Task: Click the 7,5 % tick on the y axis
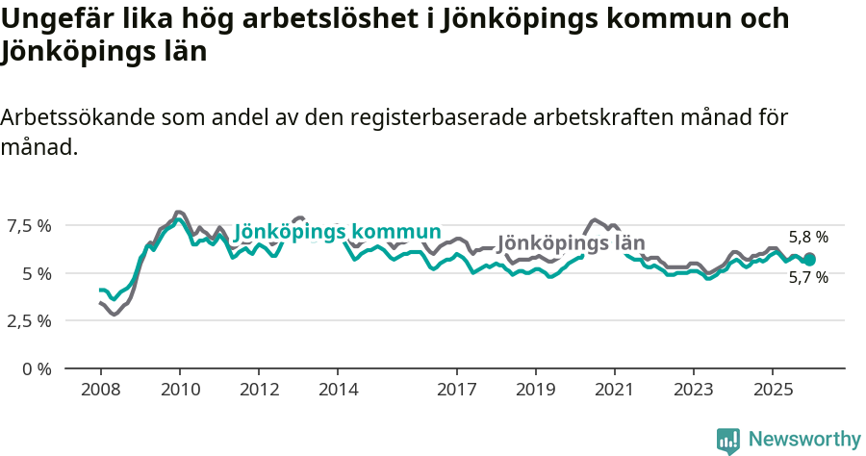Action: click(30, 226)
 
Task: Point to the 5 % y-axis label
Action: click(38, 273)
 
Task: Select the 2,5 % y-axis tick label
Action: click(30, 320)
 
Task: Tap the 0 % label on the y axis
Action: click(38, 368)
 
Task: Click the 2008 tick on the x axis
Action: click(100, 390)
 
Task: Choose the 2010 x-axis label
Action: click(180, 390)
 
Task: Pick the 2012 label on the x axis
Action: click(259, 390)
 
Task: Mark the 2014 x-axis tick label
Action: click(338, 390)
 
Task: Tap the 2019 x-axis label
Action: click(535, 390)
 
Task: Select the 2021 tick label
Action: click(614, 390)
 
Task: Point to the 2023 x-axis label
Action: click(693, 390)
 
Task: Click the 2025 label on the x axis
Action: click(773, 390)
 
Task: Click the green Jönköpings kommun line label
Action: click(338, 232)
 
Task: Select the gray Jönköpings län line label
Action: click(571, 243)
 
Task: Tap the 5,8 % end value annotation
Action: click(808, 237)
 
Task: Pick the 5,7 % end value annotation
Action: click(808, 278)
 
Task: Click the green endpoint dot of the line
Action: click(809, 259)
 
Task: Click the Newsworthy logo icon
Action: click(728, 441)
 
